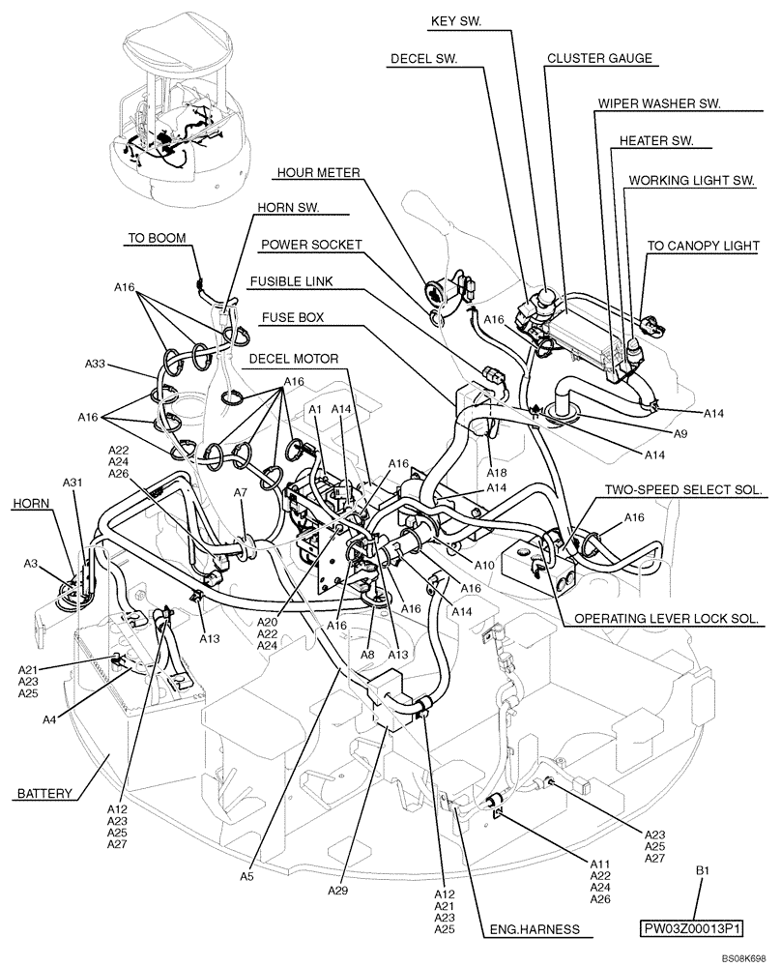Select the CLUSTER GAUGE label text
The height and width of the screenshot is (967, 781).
coord(599,58)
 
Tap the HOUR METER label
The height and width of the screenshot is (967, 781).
coord(318,172)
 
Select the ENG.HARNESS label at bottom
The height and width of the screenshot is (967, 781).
coord(535,929)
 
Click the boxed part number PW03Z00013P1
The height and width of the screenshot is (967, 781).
coord(691,929)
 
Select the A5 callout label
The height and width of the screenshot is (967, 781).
coord(247,876)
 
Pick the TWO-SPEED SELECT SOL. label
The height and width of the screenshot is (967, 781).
coord(682,490)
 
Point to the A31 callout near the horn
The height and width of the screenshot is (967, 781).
coord(72,482)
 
